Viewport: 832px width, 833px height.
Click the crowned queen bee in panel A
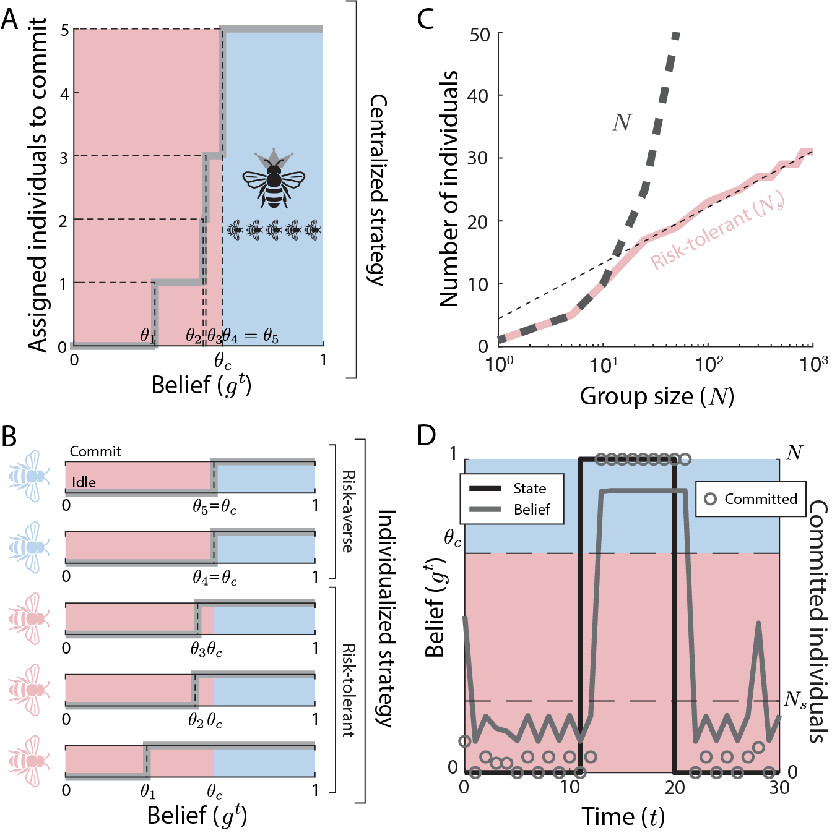point(273,179)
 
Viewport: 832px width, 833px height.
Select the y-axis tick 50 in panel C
point(480,35)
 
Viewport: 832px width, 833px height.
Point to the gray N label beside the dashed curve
point(622,123)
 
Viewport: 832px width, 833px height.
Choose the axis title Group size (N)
point(657,396)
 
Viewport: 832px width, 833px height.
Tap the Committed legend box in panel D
point(751,499)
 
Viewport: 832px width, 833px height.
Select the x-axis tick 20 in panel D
point(675,787)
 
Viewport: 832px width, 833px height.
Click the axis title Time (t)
point(623,817)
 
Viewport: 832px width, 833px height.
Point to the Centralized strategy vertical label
point(378,190)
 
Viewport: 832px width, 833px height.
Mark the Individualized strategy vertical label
point(386,618)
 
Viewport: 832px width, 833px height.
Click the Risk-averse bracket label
point(349,511)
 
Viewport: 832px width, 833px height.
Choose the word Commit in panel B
point(95,451)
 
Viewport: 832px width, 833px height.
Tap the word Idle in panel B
point(84,482)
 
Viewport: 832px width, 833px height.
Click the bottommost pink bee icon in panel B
point(28,761)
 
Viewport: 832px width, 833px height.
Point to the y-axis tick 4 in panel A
point(64,93)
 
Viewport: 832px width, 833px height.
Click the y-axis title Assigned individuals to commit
point(37,184)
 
